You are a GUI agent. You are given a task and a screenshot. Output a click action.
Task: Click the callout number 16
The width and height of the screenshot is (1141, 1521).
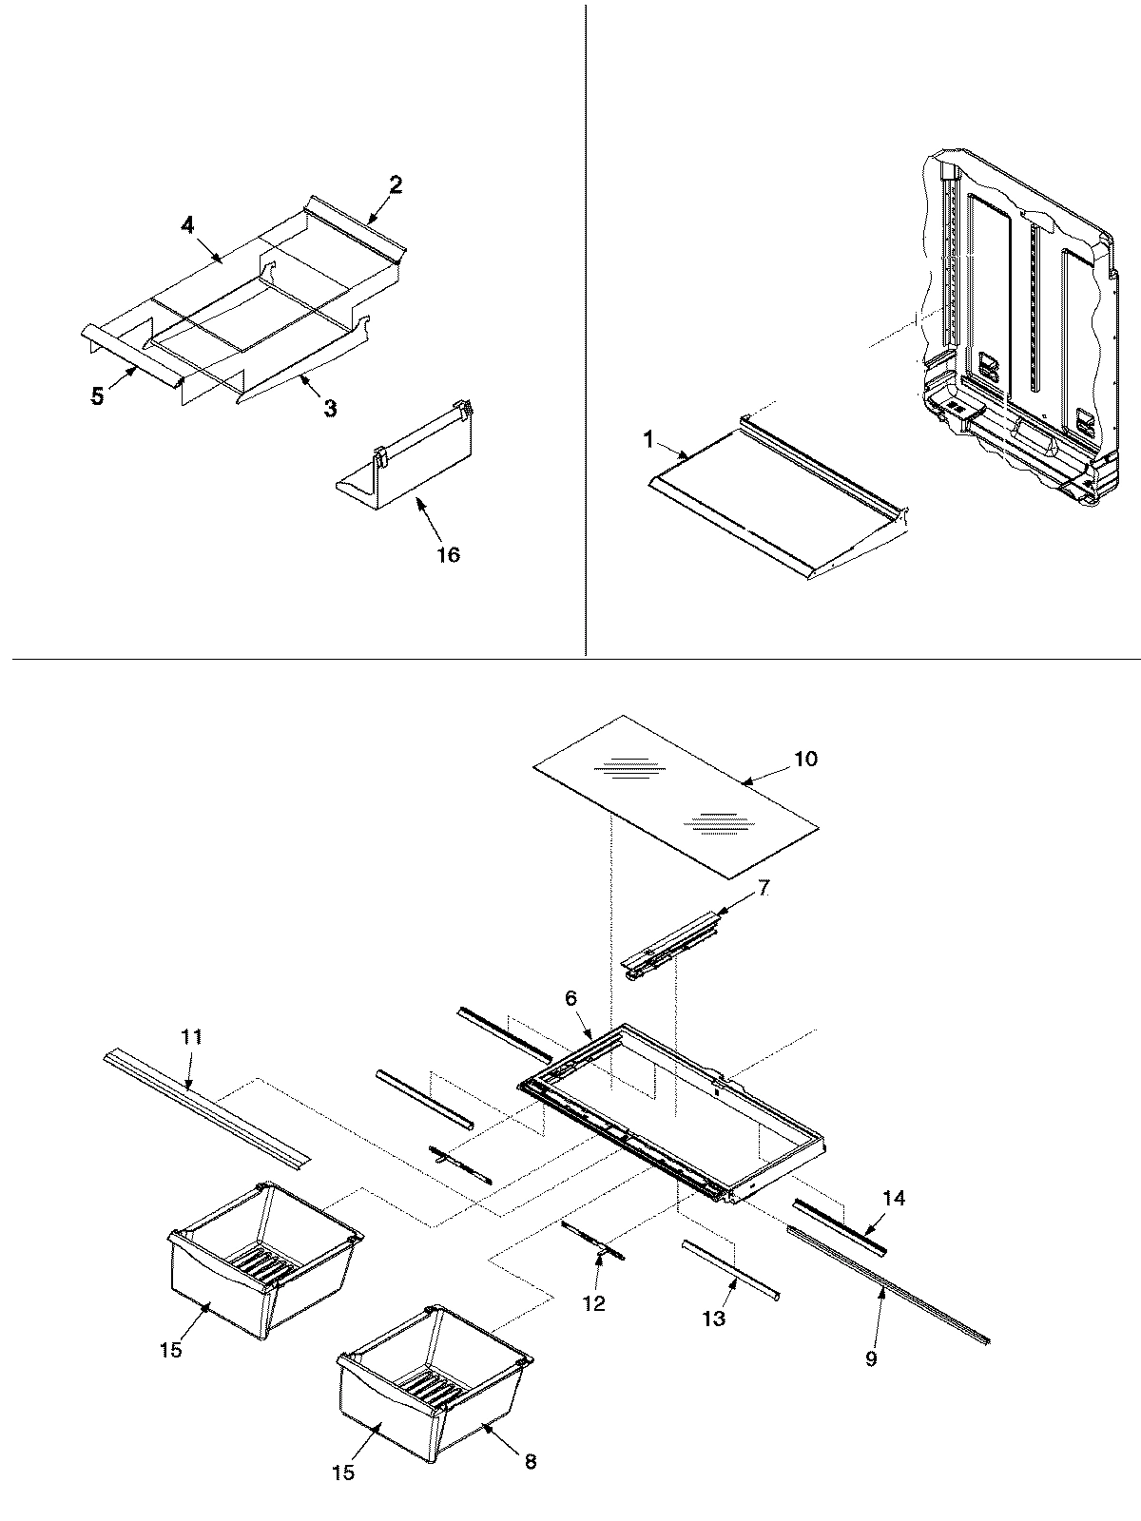tap(448, 554)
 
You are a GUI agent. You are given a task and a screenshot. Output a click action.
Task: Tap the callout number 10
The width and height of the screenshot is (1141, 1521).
tap(805, 759)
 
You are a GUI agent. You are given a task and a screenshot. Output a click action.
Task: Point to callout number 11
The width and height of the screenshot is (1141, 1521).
tap(192, 1037)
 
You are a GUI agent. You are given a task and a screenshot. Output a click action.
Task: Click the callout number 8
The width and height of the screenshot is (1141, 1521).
tap(530, 1461)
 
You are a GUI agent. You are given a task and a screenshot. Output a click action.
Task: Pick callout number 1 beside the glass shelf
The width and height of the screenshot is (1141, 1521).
tap(648, 440)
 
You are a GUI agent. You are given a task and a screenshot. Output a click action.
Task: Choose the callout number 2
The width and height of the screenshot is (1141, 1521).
tap(395, 184)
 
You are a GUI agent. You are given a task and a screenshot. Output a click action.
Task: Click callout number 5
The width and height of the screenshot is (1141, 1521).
tap(98, 397)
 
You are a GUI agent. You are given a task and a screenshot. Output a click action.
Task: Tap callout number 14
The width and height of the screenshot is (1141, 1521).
tap(894, 1198)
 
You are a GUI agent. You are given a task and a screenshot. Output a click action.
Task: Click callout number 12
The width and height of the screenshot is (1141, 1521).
tap(594, 1304)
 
